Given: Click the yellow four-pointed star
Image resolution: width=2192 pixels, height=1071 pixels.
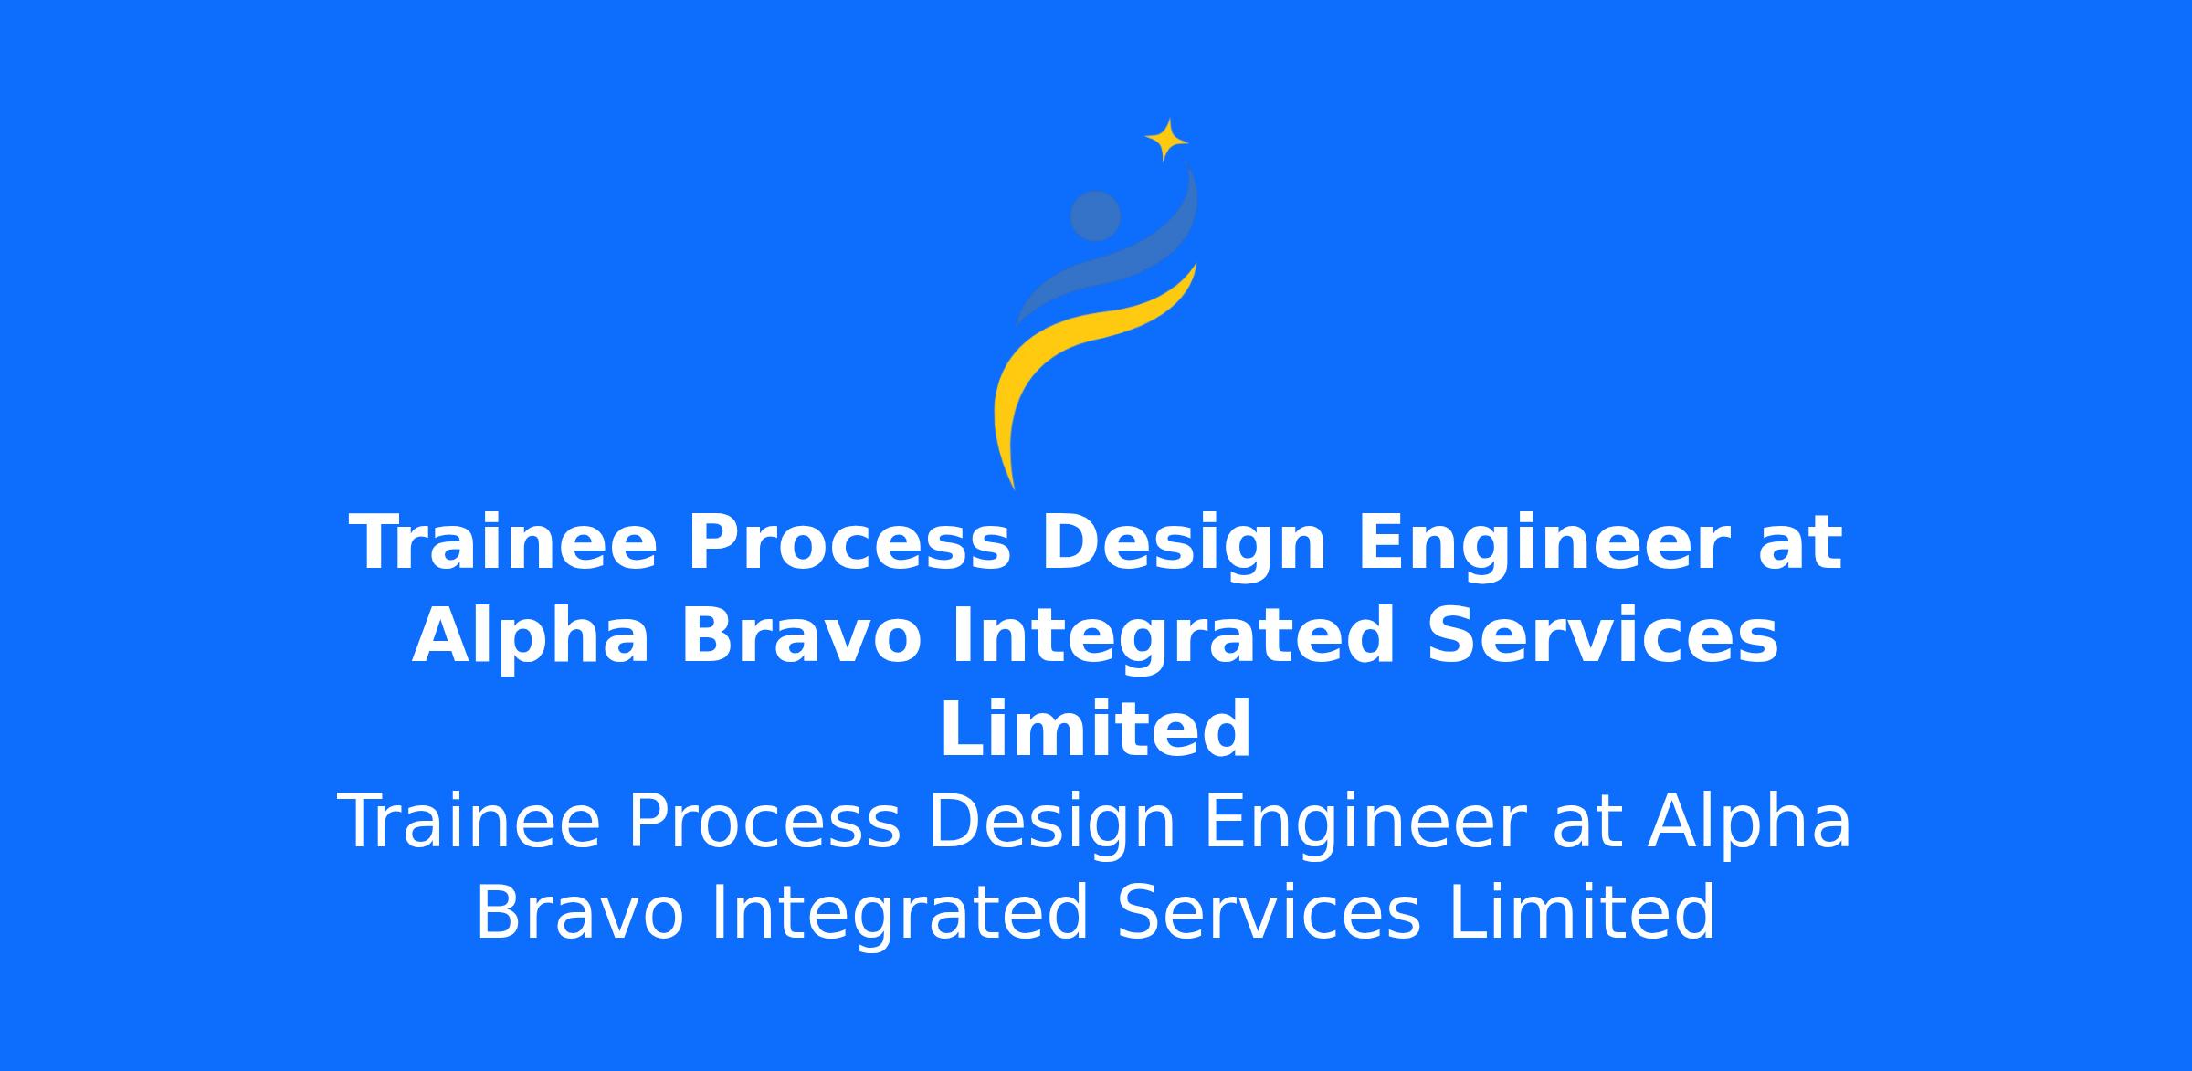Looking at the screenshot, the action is click(x=1166, y=140).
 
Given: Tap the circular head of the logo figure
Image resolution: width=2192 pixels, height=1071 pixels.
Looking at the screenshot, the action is click(x=1095, y=216).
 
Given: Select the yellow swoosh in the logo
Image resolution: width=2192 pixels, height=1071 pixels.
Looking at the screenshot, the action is click(x=1078, y=356).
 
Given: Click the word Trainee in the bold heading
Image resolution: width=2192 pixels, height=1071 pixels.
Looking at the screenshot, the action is click(x=503, y=544).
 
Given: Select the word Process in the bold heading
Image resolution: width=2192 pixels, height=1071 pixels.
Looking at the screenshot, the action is click(x=849, y=544).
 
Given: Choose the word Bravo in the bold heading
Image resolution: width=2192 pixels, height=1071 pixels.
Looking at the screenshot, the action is click(x=801, y=637).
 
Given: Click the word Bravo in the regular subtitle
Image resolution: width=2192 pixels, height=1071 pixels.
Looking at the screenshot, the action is click(x=579, y=914).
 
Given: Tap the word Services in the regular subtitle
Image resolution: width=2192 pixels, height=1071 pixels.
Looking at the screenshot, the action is click(x=1269, y=913).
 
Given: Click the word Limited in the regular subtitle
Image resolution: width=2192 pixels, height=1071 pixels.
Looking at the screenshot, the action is click(x=1582, y=913).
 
